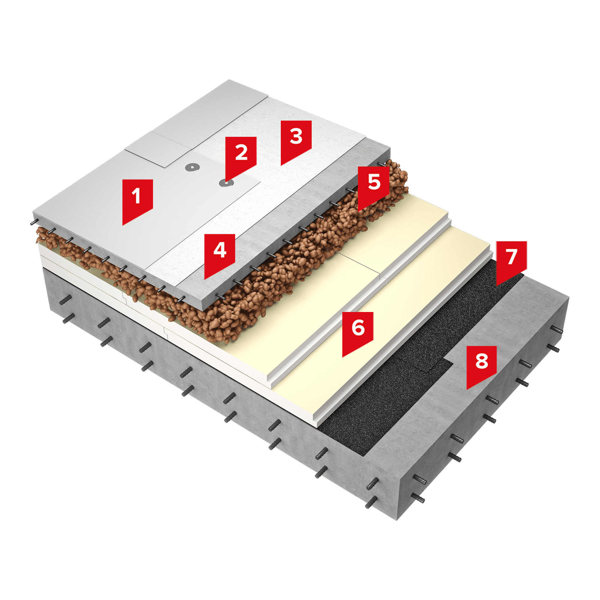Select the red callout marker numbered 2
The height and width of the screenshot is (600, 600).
coord(241,157)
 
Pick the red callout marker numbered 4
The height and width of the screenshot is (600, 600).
coord(220,255)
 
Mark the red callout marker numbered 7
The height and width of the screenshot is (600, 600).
coord(511,261)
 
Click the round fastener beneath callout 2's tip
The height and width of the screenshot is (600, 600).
coord(226,183)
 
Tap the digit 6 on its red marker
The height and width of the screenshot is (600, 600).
coord(358,328)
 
